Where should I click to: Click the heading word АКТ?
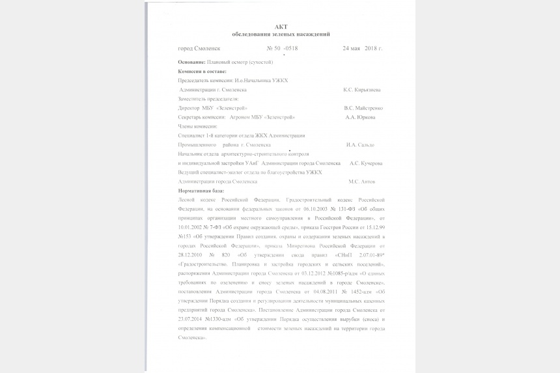pos(281,27)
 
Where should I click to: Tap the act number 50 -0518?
pos(287,49)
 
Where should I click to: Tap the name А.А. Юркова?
pos(360,117)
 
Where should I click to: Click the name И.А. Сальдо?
pos(360,145)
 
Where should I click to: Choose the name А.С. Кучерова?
pos(366,163)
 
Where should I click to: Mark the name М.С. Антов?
pos(361,182)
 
